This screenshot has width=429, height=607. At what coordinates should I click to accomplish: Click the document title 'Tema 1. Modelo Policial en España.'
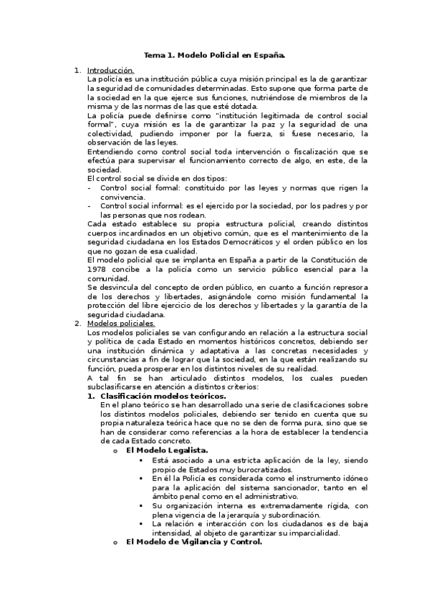[215, 54]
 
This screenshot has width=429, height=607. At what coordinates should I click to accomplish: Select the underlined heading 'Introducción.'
[110, 70]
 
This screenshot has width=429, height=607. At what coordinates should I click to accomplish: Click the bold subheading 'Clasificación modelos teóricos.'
[163, 396]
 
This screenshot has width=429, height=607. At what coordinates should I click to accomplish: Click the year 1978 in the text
[97, 269]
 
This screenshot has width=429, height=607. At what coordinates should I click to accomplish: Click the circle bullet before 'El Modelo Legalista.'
[115, 450]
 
